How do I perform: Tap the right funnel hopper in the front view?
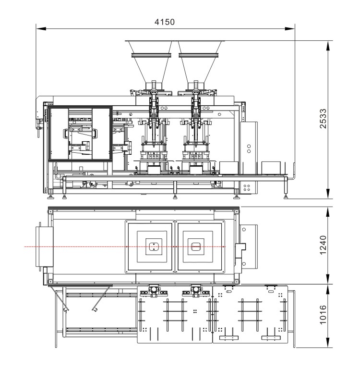(199, 58)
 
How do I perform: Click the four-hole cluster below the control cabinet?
(247, 188)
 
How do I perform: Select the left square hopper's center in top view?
(152, 247)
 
